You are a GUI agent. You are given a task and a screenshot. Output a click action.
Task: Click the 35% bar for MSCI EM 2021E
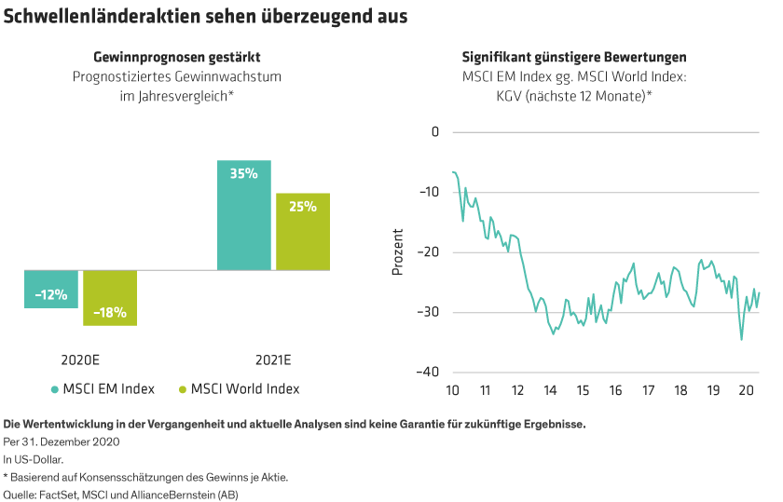tap(244, 215)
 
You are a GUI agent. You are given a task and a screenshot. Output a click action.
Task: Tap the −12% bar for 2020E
tap(51, 289)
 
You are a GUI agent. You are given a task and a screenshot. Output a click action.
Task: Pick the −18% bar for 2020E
tap(110, 298)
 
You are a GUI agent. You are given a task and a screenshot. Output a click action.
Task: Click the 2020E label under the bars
tap(81, 360)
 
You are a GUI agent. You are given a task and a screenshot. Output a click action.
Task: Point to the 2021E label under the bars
tap(273, 360)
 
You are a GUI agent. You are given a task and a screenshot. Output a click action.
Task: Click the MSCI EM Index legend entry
tap(103, 389)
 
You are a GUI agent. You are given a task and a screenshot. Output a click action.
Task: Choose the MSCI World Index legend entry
tap(239, 389)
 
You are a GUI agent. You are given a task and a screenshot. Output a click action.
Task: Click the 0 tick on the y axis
tap(433, 132)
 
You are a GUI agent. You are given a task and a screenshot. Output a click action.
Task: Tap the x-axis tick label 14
tap(550, 389)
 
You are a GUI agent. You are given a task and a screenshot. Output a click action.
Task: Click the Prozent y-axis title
tap(398, 251)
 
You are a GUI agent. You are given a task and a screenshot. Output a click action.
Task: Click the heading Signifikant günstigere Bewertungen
tap(574, 57)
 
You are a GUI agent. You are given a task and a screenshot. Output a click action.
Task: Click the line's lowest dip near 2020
tap(742, 340)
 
